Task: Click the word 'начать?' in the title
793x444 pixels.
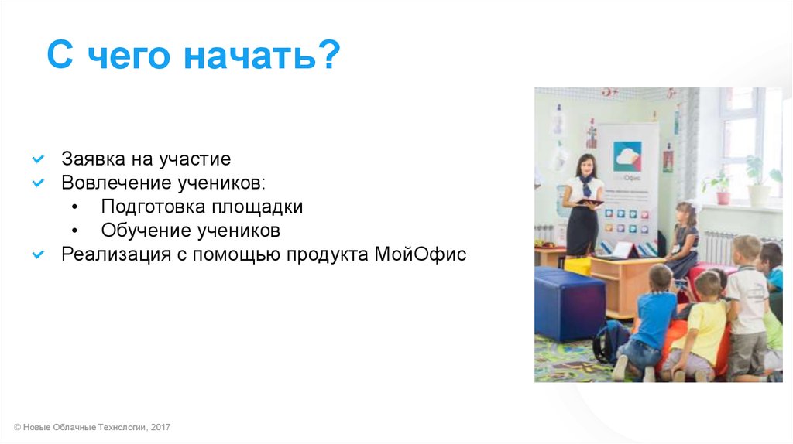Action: click(262, 55)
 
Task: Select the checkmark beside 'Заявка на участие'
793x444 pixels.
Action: click(38, 159)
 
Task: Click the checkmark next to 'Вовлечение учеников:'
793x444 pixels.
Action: click(38, 183)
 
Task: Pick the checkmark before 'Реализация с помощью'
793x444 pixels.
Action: click(38, 254)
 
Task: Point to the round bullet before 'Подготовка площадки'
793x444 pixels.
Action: click(75, 207)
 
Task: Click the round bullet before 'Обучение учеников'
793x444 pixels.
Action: click(75, 231)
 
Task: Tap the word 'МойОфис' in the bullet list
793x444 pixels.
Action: click(421, 254)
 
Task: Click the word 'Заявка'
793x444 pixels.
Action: click(94, 159)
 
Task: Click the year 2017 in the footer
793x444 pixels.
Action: click(160, 427)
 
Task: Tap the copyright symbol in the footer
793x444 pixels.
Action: click(17, 427)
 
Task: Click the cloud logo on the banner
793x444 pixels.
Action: click(627, 156)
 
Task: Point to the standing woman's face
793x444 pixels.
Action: click(586, 166)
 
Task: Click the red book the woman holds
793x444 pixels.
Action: click(589, 203)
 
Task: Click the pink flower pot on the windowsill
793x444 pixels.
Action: click(723, 197)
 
